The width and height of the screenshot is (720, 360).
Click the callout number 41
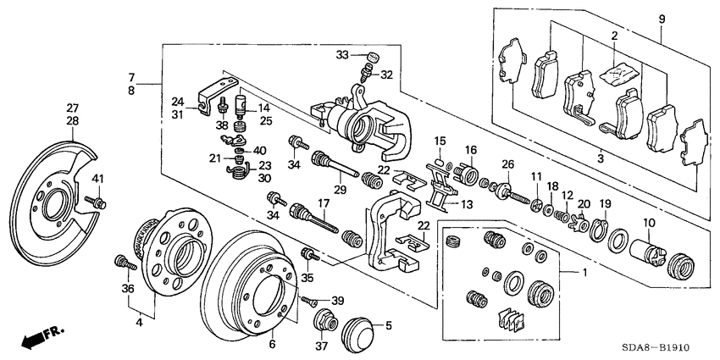point(97,178)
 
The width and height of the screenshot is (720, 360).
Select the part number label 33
point(341,56)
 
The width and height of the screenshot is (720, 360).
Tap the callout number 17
point(323,202)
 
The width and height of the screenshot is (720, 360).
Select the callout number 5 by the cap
point(389,324)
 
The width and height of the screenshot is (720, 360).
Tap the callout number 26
point(508,163)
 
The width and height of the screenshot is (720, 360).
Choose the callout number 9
point(662,19)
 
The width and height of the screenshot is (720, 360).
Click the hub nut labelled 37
point(323,323)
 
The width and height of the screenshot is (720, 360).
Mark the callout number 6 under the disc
point(272,343)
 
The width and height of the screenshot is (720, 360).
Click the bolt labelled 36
point(122,263)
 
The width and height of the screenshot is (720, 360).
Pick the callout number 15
point(440,140)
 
